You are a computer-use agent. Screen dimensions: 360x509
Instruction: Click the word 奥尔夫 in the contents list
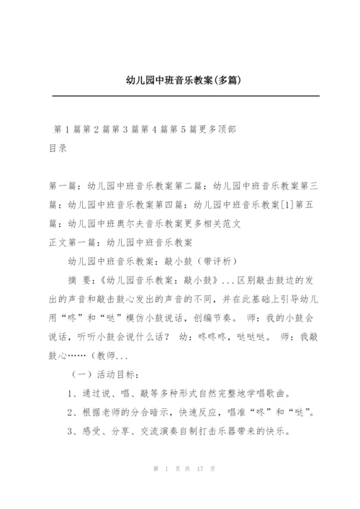tap(133, 223)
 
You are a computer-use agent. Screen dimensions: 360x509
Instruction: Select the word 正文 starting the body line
tap(56, 242)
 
